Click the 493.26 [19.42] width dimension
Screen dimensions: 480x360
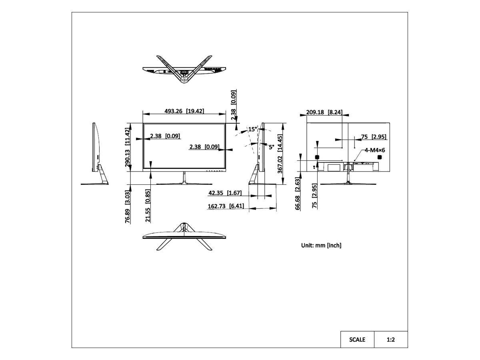[184, 111]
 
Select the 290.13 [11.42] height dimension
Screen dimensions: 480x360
[128, 147]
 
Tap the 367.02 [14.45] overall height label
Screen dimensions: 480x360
[280, 154]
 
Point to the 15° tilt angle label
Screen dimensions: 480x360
[252, 129]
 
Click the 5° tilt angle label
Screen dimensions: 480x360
[271, 147]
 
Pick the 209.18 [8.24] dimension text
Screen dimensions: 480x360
[324, 112]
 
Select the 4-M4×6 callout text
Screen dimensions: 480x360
[375, 150]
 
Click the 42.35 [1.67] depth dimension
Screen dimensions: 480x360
[225, 193]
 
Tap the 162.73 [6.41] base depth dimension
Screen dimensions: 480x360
[226, 206]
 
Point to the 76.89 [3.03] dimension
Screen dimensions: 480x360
[128, 206]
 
